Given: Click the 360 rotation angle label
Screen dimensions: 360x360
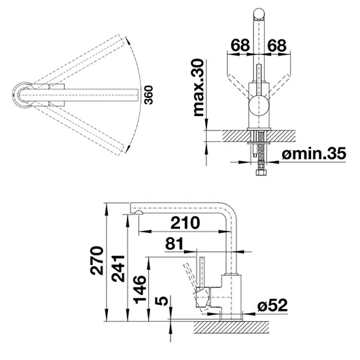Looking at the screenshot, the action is tap(149, 95).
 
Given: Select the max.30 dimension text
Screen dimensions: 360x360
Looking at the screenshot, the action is tap(198, 88).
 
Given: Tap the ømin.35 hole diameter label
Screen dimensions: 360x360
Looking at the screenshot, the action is tap(314, 154).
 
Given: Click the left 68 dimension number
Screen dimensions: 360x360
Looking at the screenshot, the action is tap(240, 46).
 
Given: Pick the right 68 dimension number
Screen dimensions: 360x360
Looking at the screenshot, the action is tap(277, 46).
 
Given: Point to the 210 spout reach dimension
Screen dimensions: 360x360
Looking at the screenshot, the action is tap(185, 223).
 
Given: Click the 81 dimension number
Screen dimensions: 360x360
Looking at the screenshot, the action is tap(175, 244).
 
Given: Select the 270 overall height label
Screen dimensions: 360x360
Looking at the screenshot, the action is tap(96, 261).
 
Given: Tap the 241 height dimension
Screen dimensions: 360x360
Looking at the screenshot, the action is tap(118, 268).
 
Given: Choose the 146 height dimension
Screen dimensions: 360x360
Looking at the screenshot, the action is tap(140, 289).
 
